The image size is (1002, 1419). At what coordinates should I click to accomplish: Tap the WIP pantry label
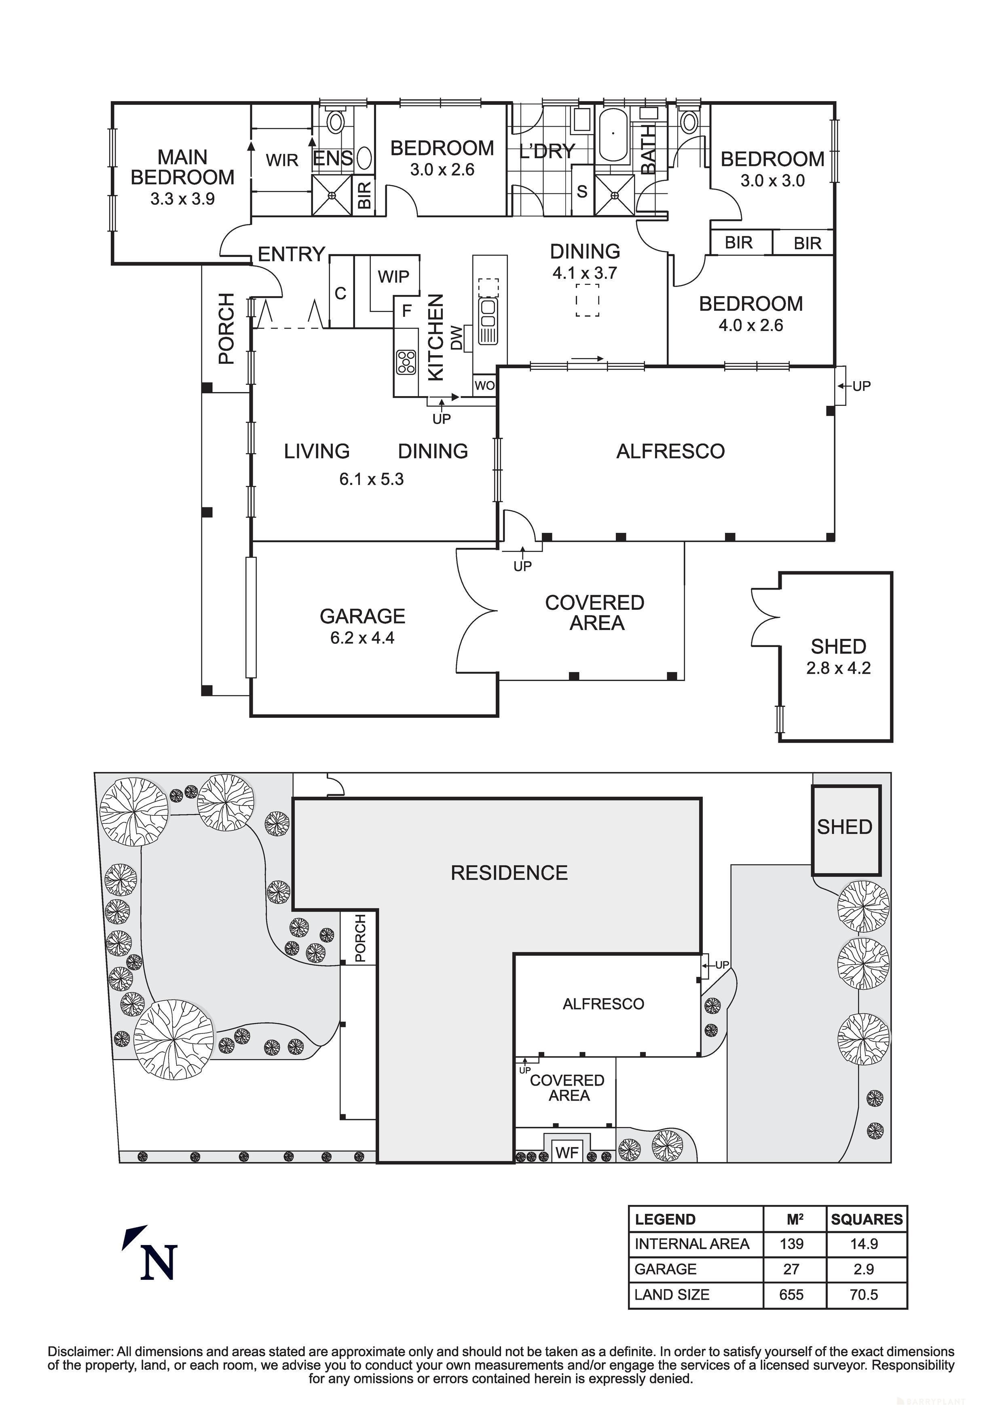point(393,276)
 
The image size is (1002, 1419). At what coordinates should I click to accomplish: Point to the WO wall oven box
point(484,386)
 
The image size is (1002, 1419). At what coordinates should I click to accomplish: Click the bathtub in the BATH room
point(613,136)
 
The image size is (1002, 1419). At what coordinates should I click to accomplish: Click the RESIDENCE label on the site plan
point(509,873)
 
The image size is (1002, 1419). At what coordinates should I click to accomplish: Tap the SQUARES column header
point(866,1220)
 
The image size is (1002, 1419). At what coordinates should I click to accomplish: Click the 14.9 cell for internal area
point(864,1244)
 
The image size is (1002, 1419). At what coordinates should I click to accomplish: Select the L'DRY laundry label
point(547,151)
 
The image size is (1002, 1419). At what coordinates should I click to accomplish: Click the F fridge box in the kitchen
point(406,310)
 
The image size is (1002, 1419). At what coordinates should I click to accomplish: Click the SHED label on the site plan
point(844,827)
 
